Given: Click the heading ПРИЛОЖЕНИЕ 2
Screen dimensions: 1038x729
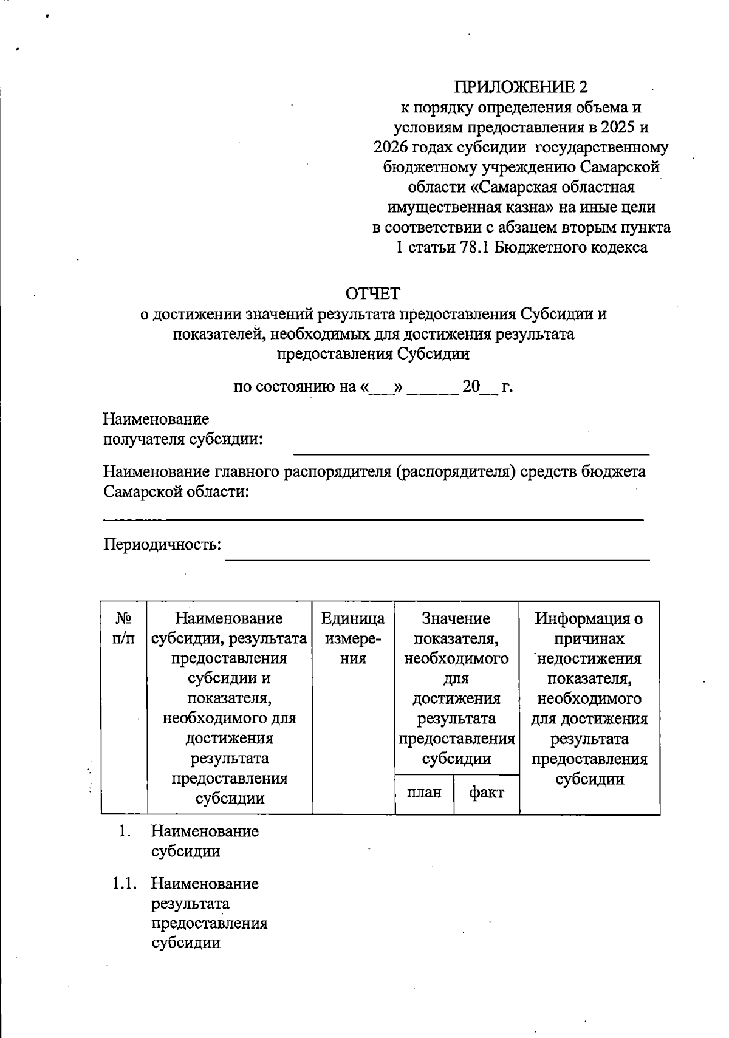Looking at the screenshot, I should click(522, 87).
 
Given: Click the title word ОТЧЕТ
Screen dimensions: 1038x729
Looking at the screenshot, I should click(372, 294).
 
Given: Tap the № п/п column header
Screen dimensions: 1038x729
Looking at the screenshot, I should click(124, 628).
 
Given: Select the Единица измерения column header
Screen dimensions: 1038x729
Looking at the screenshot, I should click(353, 638).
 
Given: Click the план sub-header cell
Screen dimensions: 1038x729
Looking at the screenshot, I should click(424, 793).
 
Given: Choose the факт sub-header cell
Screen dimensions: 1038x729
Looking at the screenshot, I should click(487, 793).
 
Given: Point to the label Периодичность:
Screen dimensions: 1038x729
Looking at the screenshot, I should click(162, 544).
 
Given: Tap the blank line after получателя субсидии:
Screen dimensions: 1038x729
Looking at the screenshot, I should click(471, 452).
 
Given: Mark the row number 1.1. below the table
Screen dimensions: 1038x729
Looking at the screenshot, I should click(124, 884).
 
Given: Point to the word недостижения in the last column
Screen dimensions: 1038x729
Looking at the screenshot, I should click(589, 658).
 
